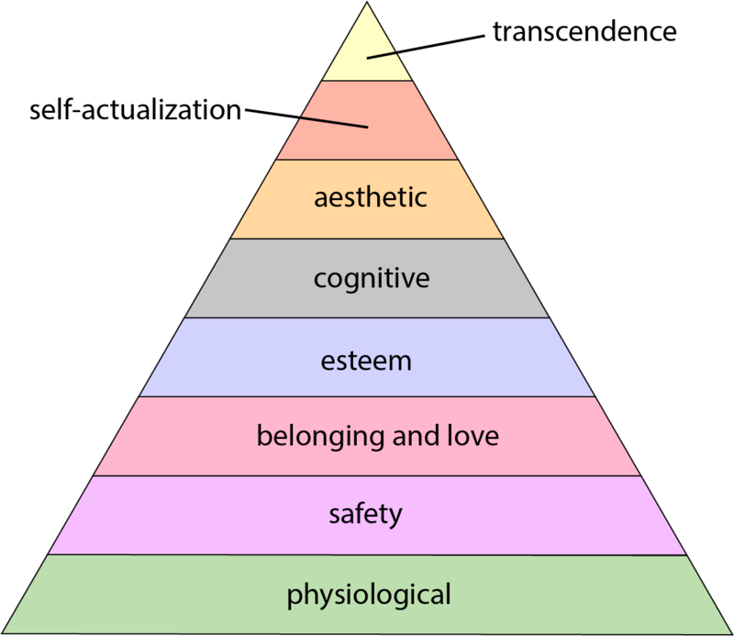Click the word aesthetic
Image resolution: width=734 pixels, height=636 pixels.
[x=370, y=197]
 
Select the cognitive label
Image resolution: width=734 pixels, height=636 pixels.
[x=371, y=277]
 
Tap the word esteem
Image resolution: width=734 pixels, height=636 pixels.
[x=367, y=360]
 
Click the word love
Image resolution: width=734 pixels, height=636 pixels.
[x=470, y=435]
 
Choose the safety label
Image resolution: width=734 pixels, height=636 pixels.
[x=365, y=514]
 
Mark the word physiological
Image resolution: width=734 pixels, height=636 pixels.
[x=369, y=595]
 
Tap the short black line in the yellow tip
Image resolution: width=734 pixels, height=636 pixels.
[x=382, y=55]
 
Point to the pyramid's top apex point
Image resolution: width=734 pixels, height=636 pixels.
[x=367, y=3]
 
